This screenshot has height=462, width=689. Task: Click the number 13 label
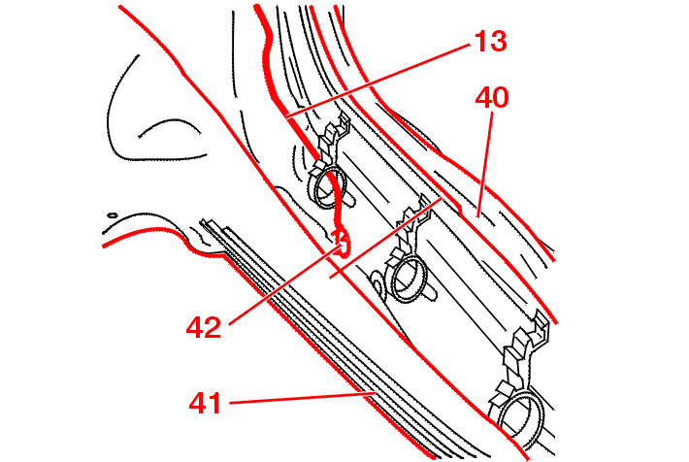point(490,41)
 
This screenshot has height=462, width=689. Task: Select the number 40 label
point(492,97)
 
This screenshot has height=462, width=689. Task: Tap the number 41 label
point(205,403)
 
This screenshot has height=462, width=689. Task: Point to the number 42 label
point(204,327)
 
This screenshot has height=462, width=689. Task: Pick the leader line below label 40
point(484,164)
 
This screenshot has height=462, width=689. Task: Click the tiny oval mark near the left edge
point(113,215)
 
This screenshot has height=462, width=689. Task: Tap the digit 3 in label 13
point(498,41)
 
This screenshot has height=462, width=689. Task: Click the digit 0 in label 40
point(501,97)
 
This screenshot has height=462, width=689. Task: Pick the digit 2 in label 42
point(213,327)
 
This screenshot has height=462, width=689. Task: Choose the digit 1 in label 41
point(214,403)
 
